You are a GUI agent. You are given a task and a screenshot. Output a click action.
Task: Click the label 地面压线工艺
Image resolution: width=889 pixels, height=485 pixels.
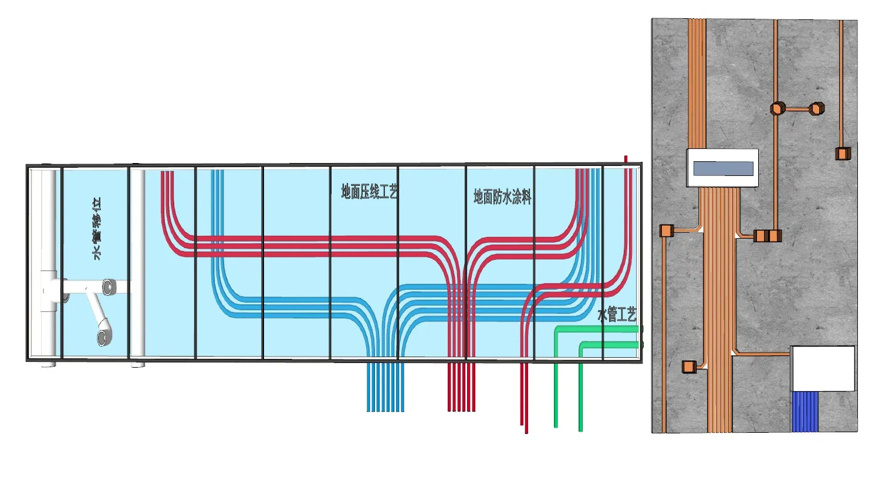(369, 191)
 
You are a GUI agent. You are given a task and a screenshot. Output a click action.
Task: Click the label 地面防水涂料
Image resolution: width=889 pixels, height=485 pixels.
(502, 196)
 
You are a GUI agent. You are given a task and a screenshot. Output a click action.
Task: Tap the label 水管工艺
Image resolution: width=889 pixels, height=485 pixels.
(616, 315)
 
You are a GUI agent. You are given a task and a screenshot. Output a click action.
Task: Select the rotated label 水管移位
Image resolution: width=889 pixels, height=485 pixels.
(97, 229)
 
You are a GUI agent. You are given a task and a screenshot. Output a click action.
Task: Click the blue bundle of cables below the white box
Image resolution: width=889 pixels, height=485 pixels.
(805, 412)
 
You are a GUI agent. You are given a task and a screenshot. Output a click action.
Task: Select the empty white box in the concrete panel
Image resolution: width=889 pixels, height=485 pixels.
(823, 368)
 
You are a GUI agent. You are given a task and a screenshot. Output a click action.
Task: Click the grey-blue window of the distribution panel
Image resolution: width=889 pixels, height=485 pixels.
(723, 169)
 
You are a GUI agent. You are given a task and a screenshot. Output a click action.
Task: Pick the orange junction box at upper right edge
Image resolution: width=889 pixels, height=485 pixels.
(843, 154)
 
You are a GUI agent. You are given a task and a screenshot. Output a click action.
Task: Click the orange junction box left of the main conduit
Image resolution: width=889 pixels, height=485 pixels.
(665, 231)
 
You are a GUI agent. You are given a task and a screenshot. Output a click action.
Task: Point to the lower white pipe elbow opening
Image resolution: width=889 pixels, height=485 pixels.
(104, 337)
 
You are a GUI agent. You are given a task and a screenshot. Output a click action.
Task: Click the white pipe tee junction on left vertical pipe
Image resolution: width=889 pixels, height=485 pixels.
(49, 290)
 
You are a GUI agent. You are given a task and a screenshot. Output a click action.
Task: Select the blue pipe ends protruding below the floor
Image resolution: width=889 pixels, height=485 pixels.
(385, 388)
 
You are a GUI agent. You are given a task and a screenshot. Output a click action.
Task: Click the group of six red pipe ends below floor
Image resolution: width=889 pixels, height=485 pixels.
(461, 388)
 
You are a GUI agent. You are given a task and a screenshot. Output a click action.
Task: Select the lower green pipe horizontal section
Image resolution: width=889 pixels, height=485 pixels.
(610, 345)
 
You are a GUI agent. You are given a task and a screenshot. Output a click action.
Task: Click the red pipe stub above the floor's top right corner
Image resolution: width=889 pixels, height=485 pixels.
(626, 160)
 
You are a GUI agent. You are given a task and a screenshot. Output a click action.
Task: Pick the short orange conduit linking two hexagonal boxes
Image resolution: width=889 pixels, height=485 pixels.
(797, 109)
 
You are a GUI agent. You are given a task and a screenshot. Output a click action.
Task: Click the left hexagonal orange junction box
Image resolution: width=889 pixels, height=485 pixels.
(778, 108)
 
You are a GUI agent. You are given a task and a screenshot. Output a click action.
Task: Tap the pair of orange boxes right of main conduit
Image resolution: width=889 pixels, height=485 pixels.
(768, 236)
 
